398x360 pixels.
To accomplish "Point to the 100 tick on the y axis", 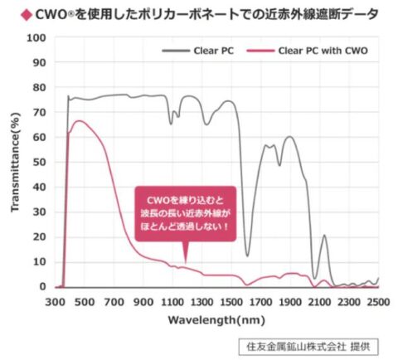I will click(x=36, y=38).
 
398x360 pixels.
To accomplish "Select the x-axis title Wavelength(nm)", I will click(x=216, y=319).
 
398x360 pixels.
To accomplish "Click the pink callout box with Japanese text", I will click(x=185, y=212).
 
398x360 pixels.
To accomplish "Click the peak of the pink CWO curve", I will click(x=79, y=121).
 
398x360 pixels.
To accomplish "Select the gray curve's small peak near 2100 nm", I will click(x=324, y=236).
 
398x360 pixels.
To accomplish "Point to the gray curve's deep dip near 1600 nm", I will click(x=247, y=255).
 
